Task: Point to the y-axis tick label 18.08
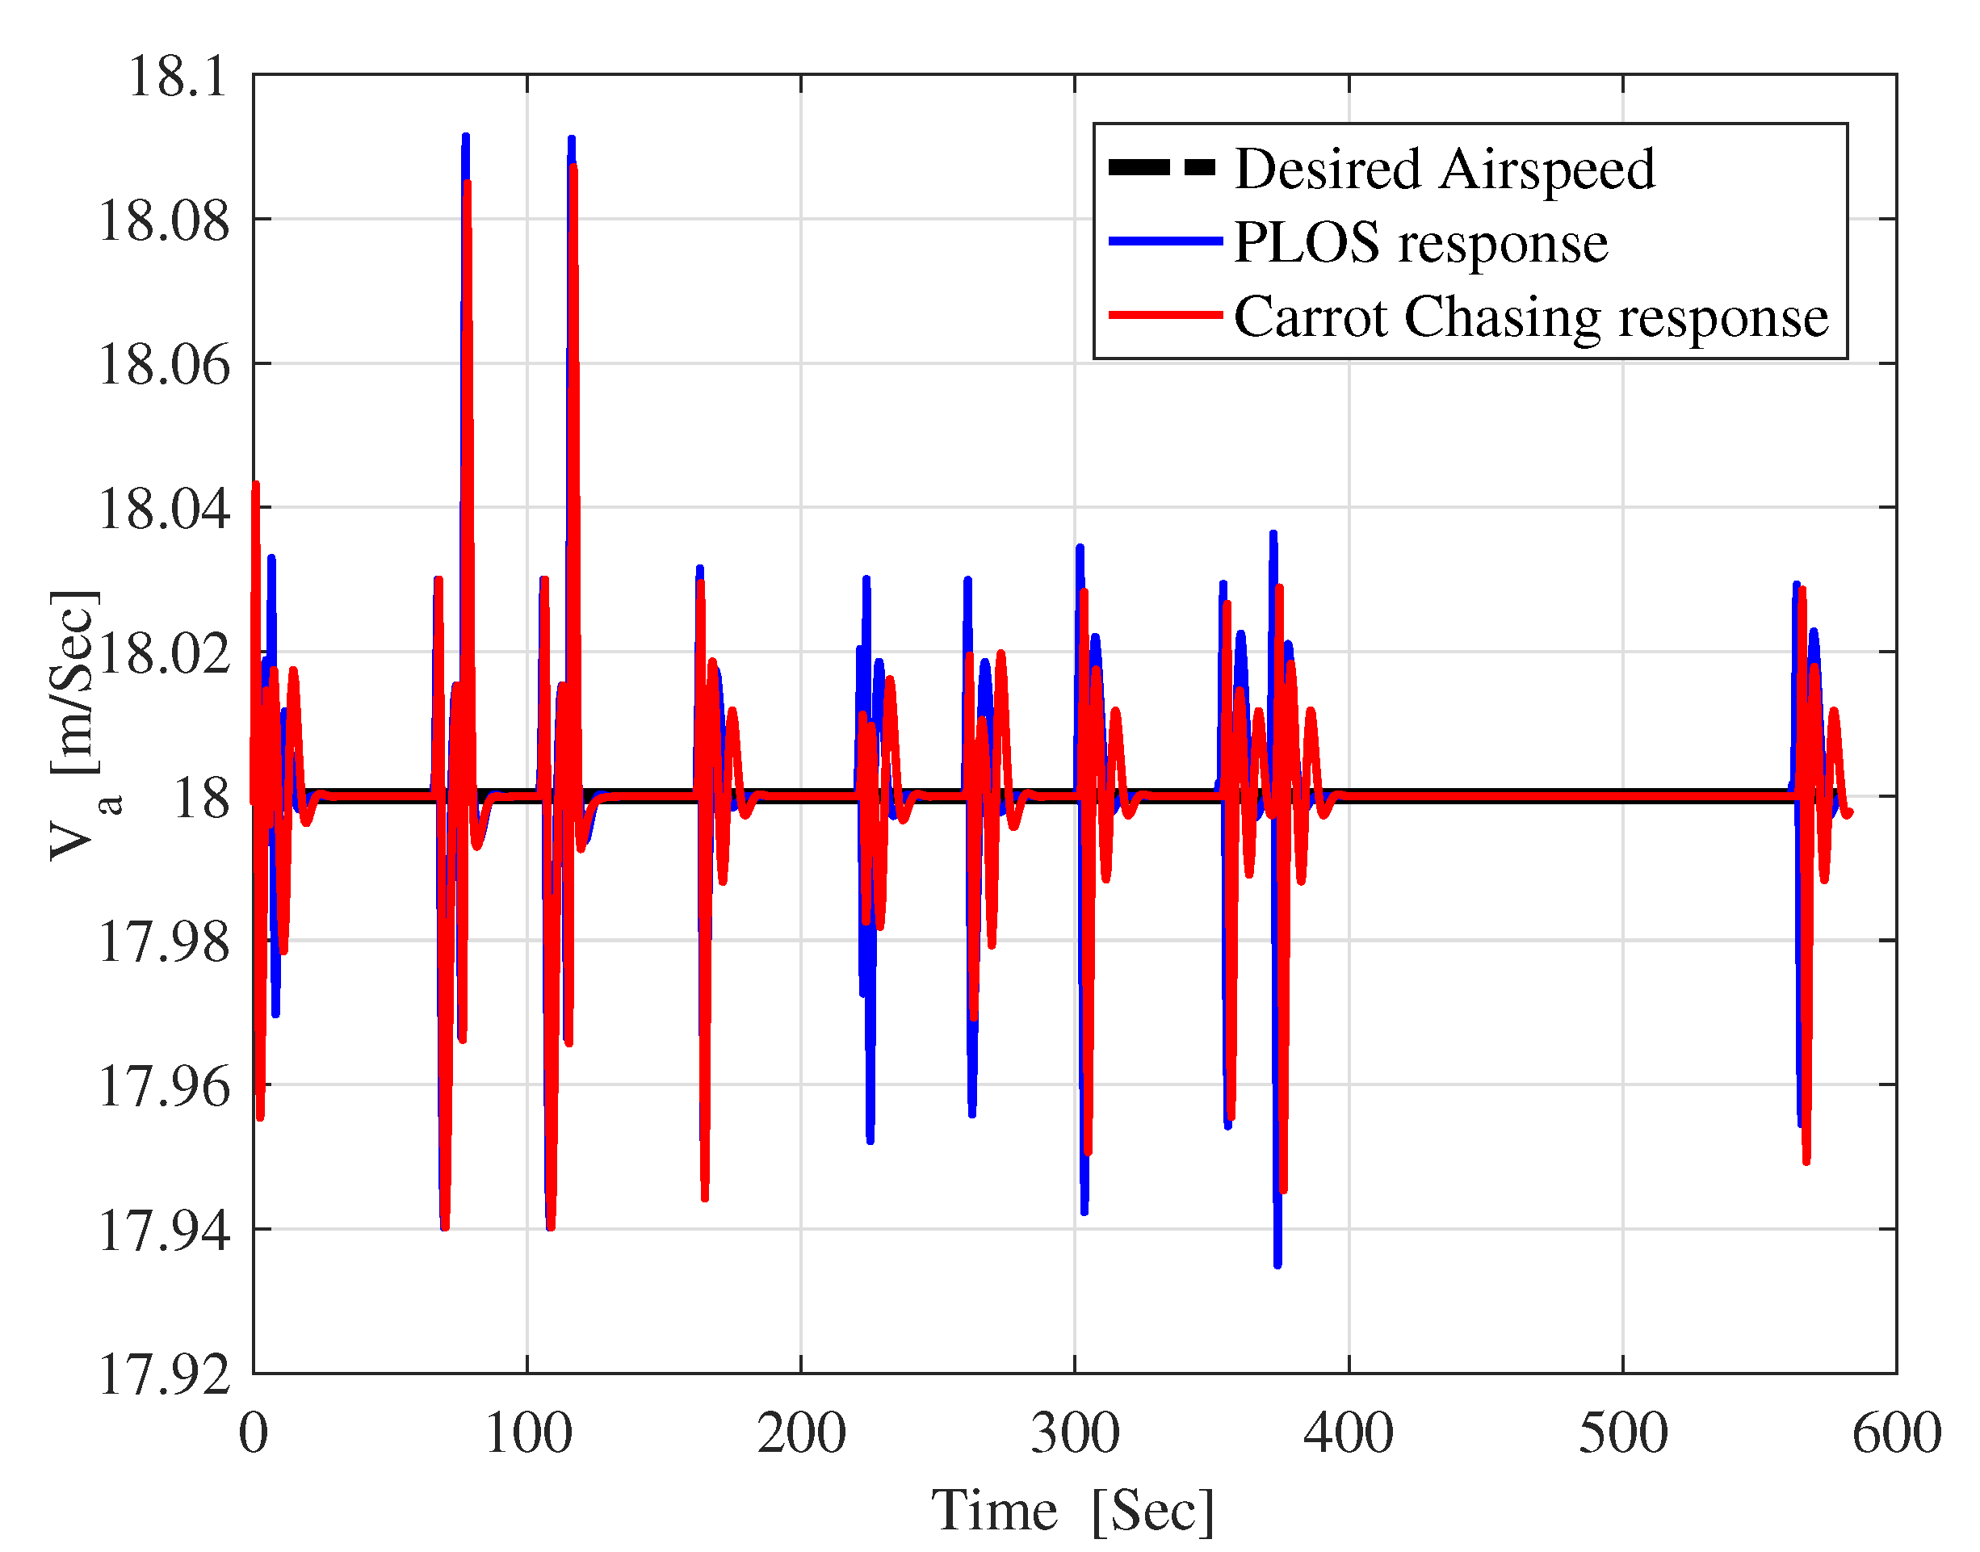(164, 220)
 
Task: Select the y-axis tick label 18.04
(164, 508)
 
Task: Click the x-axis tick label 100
(527, 1434)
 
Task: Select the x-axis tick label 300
(1075, 1434)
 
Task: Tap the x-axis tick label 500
(1623, 1434)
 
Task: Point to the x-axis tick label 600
(1895, 1434)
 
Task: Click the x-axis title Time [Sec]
(1072, 1511)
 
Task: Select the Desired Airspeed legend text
(1445, 169)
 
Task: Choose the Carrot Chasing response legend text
(1531, 317)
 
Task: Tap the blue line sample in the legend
(1166, 241)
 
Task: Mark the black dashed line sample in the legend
(1162, 167)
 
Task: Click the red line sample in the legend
(1166, 315)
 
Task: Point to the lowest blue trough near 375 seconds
(1277, 1263)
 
